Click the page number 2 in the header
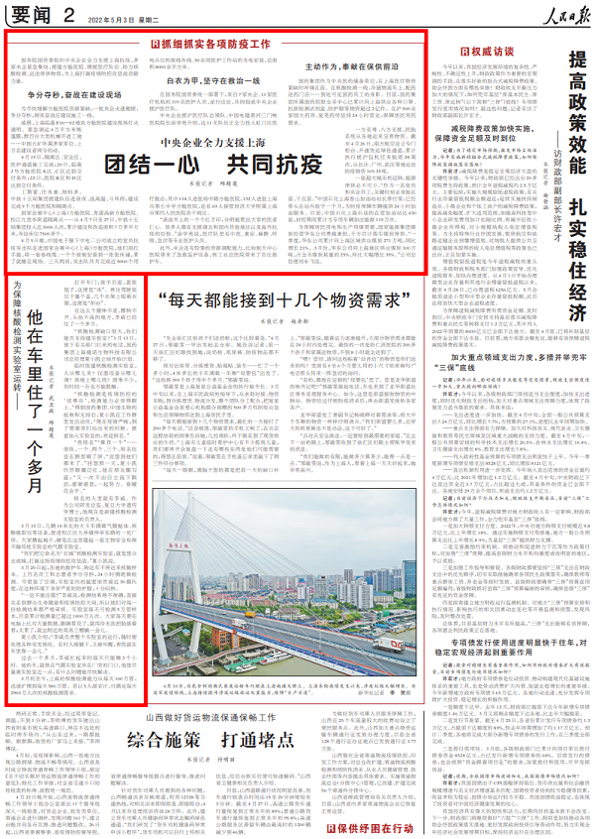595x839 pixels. tap(67, 14)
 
